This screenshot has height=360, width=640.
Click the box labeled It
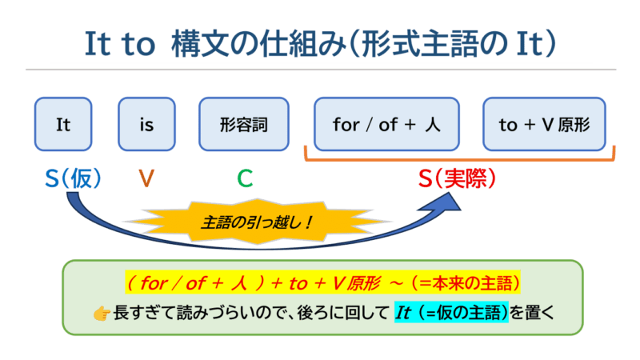[64, 124]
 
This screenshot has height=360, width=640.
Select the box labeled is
[146, 124]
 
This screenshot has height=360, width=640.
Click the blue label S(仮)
[74, 178]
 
